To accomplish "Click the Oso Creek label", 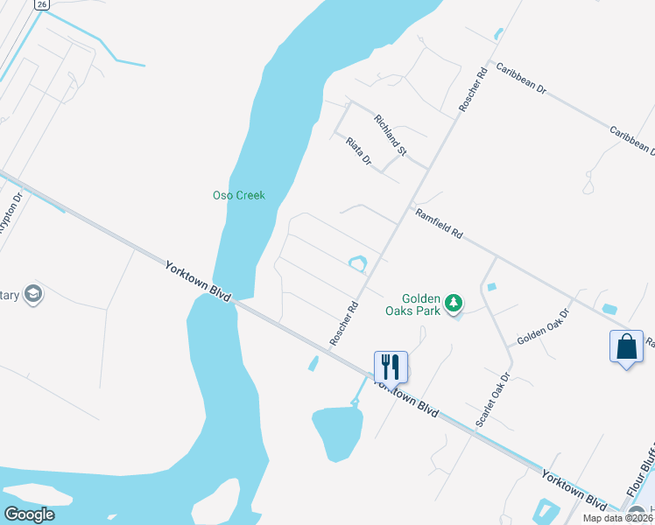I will click(238, 195).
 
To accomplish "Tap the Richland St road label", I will click(391, 135).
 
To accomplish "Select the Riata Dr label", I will click(359, 151).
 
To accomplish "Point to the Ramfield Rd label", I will click(439, 225).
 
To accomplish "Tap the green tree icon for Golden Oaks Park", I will click(453, 304).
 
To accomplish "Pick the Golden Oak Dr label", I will click(543, 326).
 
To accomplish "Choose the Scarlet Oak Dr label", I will click(493, 401).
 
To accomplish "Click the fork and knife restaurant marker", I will click(391, 365).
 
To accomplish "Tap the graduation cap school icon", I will click(34, 294).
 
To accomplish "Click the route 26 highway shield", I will click(41, 4).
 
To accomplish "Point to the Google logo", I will click(30, 514).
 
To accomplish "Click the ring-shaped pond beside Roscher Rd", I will click(357, 262).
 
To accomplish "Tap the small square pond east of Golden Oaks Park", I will click(490, 287).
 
